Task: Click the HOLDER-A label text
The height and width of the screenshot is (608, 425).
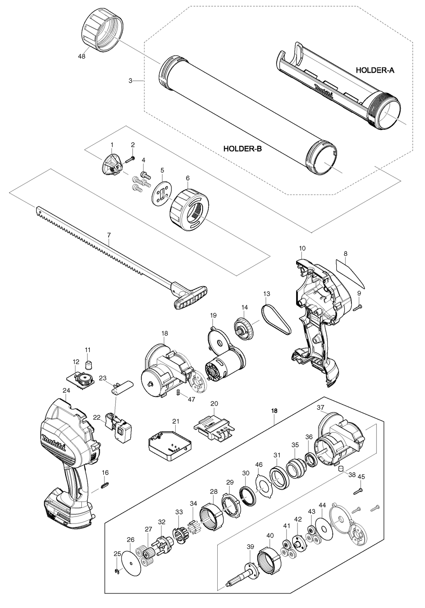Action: pyautogui.click(x=374, y=70)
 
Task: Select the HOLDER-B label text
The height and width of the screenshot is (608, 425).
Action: pyautogui.click(x=243, y=148)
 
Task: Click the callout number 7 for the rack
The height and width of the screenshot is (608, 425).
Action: pyautogui.click(x=109, y=235)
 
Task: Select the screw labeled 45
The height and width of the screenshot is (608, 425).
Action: pyautogui.click(x=358, y=491)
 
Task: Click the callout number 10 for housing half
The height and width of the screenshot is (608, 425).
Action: pyautogui.click(x=302, y=248)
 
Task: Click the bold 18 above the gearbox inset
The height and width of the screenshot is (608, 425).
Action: pyautogui.click(x=274, y=411)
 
